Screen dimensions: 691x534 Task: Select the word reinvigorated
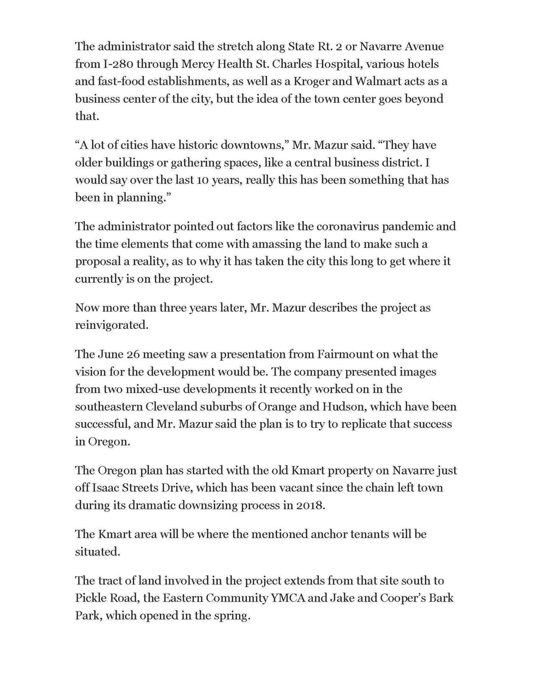(111, 325)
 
